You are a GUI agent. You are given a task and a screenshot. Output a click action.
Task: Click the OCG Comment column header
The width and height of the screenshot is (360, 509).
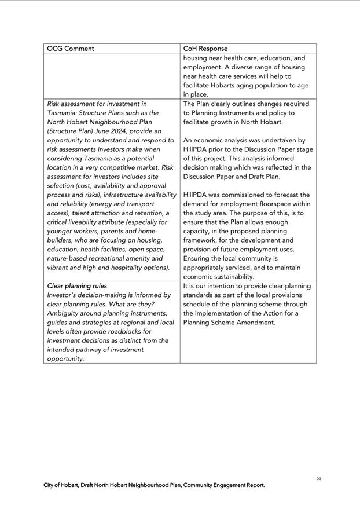(x=70, y=49)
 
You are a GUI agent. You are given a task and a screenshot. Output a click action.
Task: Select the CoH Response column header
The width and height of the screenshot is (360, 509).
(x=205, y=49)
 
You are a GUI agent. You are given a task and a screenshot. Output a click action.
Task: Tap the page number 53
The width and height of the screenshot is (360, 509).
(x=319, y=478)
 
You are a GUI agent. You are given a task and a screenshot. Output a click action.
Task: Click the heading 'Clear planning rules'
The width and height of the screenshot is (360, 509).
(x=77, y=286)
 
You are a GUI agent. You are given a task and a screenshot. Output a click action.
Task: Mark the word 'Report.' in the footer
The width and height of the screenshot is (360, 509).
(x=254, y=485)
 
